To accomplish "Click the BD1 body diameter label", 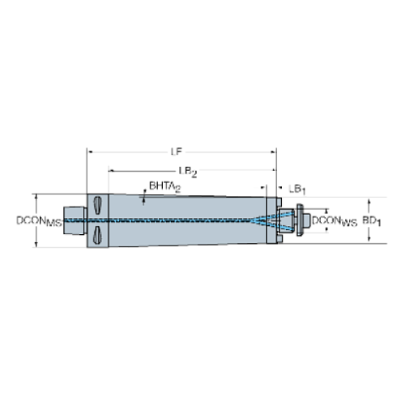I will (370, 220).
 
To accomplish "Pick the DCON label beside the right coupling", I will (335, 220).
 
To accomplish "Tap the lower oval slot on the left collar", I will (97, 235).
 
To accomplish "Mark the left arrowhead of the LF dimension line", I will (89, 151).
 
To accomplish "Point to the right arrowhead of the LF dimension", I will (275, 151).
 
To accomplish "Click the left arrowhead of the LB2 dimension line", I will (111, 171).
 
